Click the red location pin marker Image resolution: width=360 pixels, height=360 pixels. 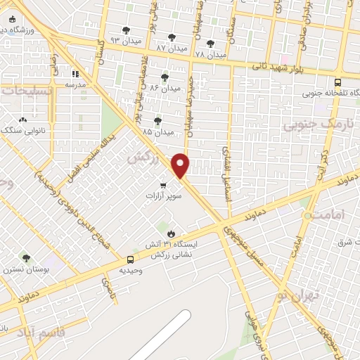pos(181,165)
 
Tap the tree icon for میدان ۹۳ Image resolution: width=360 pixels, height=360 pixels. pos(126,30)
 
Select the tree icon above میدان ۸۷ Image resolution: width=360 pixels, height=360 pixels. pos(172,37)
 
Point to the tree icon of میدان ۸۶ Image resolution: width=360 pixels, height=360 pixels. pos(165,77)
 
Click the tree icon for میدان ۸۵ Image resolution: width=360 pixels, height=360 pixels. pos(157,121)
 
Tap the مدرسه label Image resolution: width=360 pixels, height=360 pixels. pos(75,84)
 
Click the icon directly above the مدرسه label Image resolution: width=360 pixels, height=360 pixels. pos(75,73)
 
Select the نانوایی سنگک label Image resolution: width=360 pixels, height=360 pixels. pos(25,131)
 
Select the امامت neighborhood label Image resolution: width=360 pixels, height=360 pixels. pos(328,215)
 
